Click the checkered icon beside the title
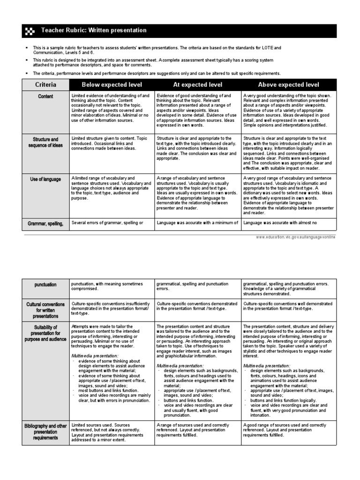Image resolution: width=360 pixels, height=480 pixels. coord(29,31)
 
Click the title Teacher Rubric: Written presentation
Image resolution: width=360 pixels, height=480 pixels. coord(94,30)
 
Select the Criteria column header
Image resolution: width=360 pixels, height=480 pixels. coord(46,85)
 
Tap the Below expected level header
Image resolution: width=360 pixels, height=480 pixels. coord(112,85)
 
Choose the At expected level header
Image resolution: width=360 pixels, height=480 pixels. coord(198,85)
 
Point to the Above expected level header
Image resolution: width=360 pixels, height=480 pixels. coord(288,85)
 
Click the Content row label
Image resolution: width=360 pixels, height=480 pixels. coord(46,97)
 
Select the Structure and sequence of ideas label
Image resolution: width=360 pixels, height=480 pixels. coord(46,142)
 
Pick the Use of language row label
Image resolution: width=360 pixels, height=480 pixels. coord(46,180)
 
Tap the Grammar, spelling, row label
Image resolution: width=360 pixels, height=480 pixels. coord(46,224)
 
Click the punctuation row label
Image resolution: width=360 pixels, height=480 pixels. coord(46,285)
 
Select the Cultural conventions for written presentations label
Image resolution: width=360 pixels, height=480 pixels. coord(46,310)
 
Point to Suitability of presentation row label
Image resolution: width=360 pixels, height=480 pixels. coord(46,333)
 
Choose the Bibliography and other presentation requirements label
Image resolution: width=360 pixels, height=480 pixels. coord(46,432)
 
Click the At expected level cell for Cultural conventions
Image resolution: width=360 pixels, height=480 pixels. coord(197,307)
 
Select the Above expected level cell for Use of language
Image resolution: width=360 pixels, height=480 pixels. coord(288,195)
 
